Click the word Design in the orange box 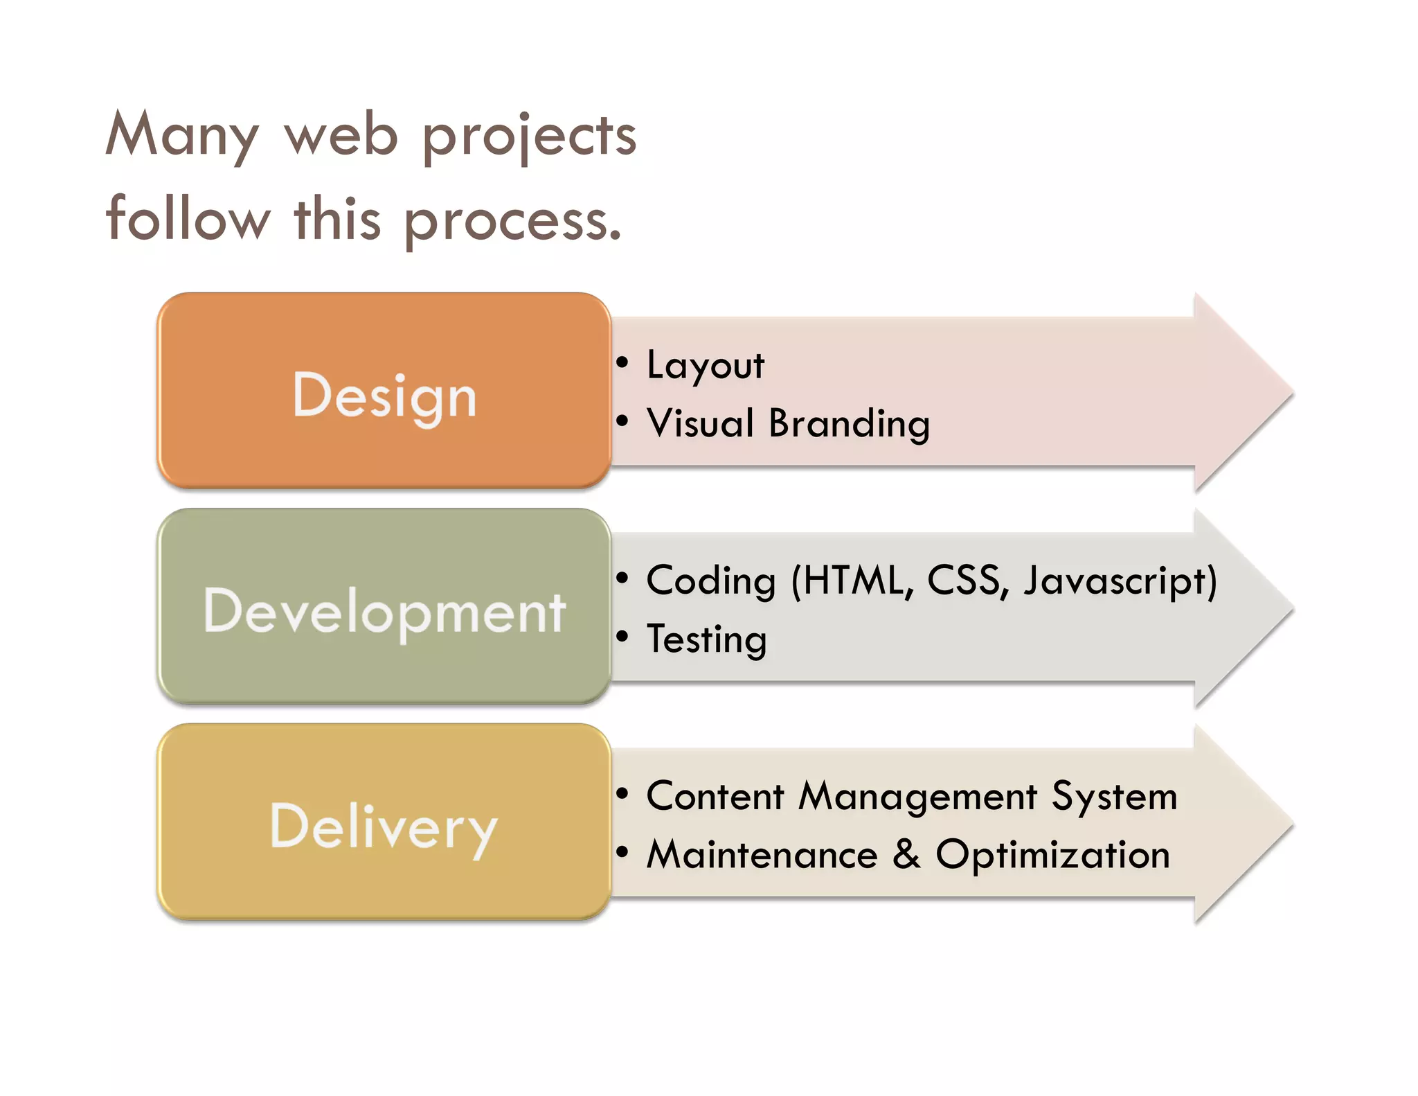(x=384, y=396)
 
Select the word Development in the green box (x=384, y=611)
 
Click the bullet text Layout (x=705, y=365)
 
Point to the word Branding (x=849, y=423)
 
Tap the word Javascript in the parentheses (x=1115, y=581)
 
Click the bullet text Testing (x=706, y=639)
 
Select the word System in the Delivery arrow (x=1114, y=797)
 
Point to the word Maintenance (x=762, y=854)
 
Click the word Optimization (x=1052, y=854)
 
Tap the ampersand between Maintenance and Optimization (x=906, y=854)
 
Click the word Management (x=918, y=797)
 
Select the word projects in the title (x=529, y=136)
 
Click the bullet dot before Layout (x=622, y=362)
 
